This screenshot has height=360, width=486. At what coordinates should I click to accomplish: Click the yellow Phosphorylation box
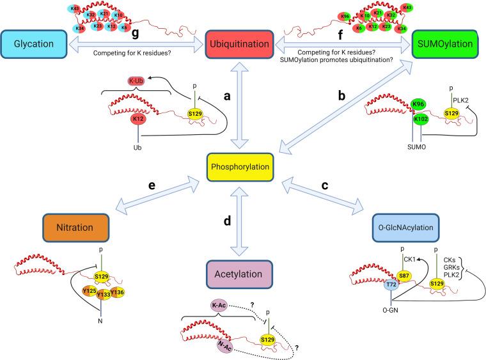[242, 168]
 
